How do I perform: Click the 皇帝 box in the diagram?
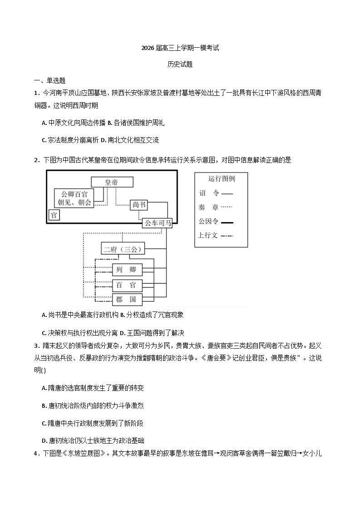pyautogui.click(x=112, y=182)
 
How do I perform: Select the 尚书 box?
pyautogui.click(x=139, y=205)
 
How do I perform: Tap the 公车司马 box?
pyautogui.click(x=158, y=223)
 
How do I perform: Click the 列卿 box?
pyautogui.click(x=127, y=269)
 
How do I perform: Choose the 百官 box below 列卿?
pyautogui.click(x=127, y=285)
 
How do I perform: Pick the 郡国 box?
pyautogui.click(x=127, y=300)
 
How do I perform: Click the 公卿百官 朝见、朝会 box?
pyautogui.click(x=74, y=198)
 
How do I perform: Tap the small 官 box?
pyautogui.click(x=54, y=215)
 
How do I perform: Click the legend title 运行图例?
pyautogui.click(x=221, y=178)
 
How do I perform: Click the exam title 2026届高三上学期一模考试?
pyautogui.click(x=180, y=48)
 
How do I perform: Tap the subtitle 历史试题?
pyautogui.click(x=180, y=64)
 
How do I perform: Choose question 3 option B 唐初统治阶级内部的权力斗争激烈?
pyautogui.click(x=93, y=405)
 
